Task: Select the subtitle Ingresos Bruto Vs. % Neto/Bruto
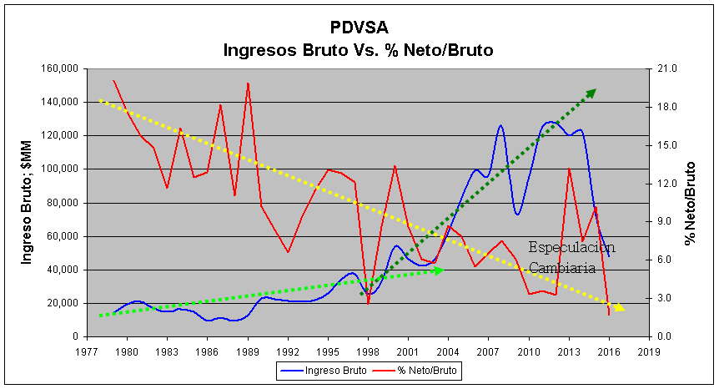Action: coord(358,50)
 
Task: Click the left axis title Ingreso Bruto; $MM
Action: coord(27,201)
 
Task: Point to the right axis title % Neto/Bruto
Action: coord(690,201)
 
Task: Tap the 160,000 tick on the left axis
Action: coord(58,68)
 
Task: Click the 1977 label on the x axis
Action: coord(86,351)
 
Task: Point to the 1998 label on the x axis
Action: coord(367,351)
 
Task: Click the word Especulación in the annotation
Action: coord(572,248)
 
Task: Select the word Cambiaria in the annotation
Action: coord(562,268)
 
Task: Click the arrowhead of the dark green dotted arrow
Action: coord(591,92)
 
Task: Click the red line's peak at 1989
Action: coord(249,83)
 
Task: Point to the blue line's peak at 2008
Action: coord(501,125)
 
